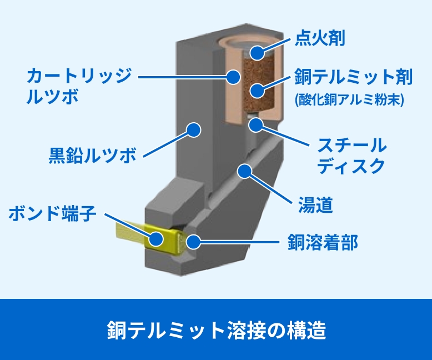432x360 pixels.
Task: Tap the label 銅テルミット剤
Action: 354,78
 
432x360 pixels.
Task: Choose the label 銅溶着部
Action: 323,242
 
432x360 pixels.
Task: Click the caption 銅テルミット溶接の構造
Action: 216,330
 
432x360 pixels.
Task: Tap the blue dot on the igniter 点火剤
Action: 257,53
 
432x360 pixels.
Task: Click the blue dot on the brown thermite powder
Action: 257,90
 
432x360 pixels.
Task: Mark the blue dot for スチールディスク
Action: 255,124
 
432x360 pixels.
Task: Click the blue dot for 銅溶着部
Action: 194,242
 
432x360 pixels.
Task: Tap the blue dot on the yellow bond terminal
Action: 157,239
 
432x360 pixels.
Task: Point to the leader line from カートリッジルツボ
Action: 183,75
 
